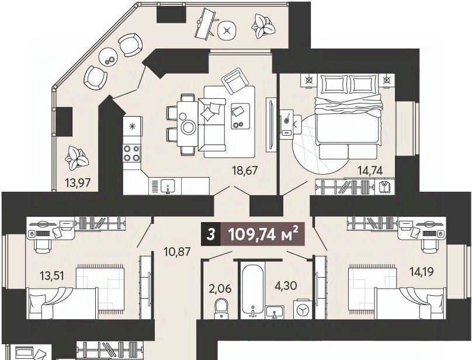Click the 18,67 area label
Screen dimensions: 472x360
point(245,171)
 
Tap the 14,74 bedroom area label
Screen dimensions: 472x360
point(370,171)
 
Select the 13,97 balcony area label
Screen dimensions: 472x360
point(78,182)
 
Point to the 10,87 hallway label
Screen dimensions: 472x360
point(178,251)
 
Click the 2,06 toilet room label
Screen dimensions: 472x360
point(220,289)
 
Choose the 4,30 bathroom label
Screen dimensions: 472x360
point(286,285)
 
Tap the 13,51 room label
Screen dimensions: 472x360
point(52,275)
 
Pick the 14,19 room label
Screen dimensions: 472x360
point(421,272)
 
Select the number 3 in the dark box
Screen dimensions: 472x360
point(211,235)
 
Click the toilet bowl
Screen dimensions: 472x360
point(221,308)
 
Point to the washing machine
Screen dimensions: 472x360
point(302,309)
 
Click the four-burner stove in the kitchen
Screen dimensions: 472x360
point(132,153)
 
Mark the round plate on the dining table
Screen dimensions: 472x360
point(189,127)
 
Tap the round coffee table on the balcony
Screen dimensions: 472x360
point(107,57)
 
